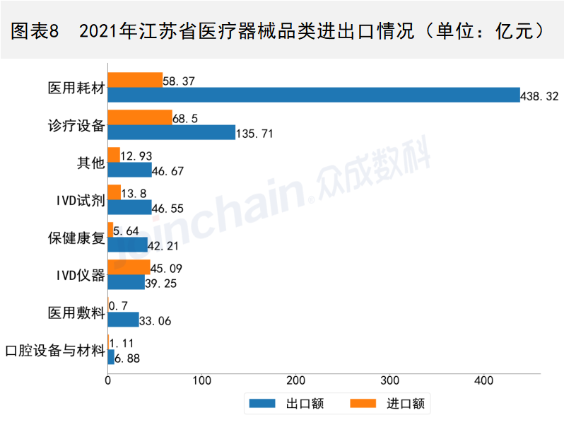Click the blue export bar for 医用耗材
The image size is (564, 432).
click(314, 95)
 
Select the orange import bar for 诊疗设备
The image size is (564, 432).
click(140, 117)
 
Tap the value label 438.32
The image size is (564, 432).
click(541, 96)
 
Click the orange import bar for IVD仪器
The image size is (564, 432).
click(129, 267)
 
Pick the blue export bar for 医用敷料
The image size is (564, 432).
click(124, 320)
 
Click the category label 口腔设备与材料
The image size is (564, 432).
click(54, 349)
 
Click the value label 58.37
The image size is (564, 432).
click(180, 81)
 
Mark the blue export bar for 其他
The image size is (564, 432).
click(130, 170)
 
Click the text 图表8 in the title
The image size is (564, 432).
click(36, 31)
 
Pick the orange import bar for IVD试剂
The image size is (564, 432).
click(114, 192)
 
